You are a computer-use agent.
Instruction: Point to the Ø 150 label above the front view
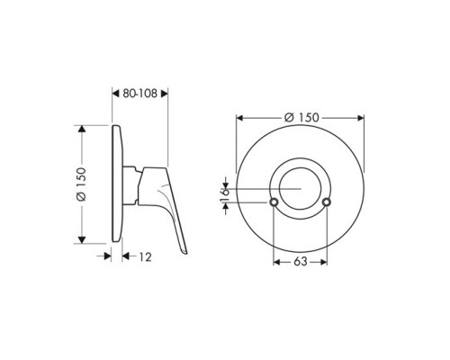point(301,117)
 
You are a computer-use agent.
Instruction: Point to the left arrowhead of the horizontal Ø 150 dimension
point(238,117)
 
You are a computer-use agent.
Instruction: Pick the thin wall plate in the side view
point(115,184)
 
